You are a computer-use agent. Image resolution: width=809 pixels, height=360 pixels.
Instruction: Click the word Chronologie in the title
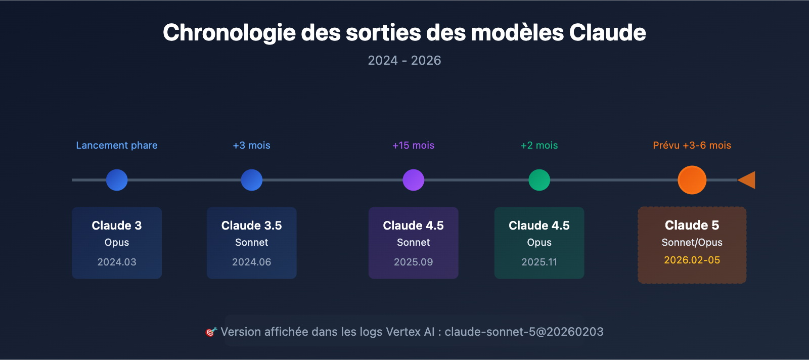(x=229, y=33)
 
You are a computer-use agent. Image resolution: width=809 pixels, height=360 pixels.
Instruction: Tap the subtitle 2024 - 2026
(x=404, y=61)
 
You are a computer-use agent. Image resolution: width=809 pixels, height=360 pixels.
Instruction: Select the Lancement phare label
(x=117, y=146)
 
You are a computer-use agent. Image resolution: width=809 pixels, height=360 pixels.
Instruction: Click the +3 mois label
(x=251, y=146)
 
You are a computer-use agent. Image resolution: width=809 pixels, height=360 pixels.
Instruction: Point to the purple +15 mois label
(x=413, y=146)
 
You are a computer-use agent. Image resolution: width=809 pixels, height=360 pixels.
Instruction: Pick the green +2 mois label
(x=539, y=146)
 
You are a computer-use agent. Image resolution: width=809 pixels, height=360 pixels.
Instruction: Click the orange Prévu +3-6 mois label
(x=692, y=146)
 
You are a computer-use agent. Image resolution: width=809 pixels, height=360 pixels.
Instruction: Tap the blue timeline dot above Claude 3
(x=117, y=180)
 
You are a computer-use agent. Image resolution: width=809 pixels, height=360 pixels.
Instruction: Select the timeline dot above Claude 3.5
(x=251, y=180)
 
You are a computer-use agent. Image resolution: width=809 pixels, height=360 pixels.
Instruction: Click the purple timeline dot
(x=413, y=180)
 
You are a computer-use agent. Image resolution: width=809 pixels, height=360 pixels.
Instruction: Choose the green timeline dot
(x=539, y=180)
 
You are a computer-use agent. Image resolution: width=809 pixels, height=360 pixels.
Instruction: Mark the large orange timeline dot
(x=692, y=180)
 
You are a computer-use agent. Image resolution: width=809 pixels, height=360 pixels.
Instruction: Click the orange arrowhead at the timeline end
(x=748, y=180)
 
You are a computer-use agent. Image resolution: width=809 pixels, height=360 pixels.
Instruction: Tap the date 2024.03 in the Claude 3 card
(x=117, y=262)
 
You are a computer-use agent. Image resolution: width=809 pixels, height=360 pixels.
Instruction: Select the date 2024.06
(x=251, y=262)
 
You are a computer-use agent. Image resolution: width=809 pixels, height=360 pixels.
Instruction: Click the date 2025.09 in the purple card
(x=413, y=262)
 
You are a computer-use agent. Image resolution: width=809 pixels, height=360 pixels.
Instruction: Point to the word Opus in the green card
(x=539, y=243)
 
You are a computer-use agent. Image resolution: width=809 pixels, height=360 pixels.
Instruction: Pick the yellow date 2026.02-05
(x=692, y=260)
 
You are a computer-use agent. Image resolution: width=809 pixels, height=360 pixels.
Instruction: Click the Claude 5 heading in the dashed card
(x=692, y=225)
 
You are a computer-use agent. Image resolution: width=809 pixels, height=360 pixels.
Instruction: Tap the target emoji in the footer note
(x=211, y=332)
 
